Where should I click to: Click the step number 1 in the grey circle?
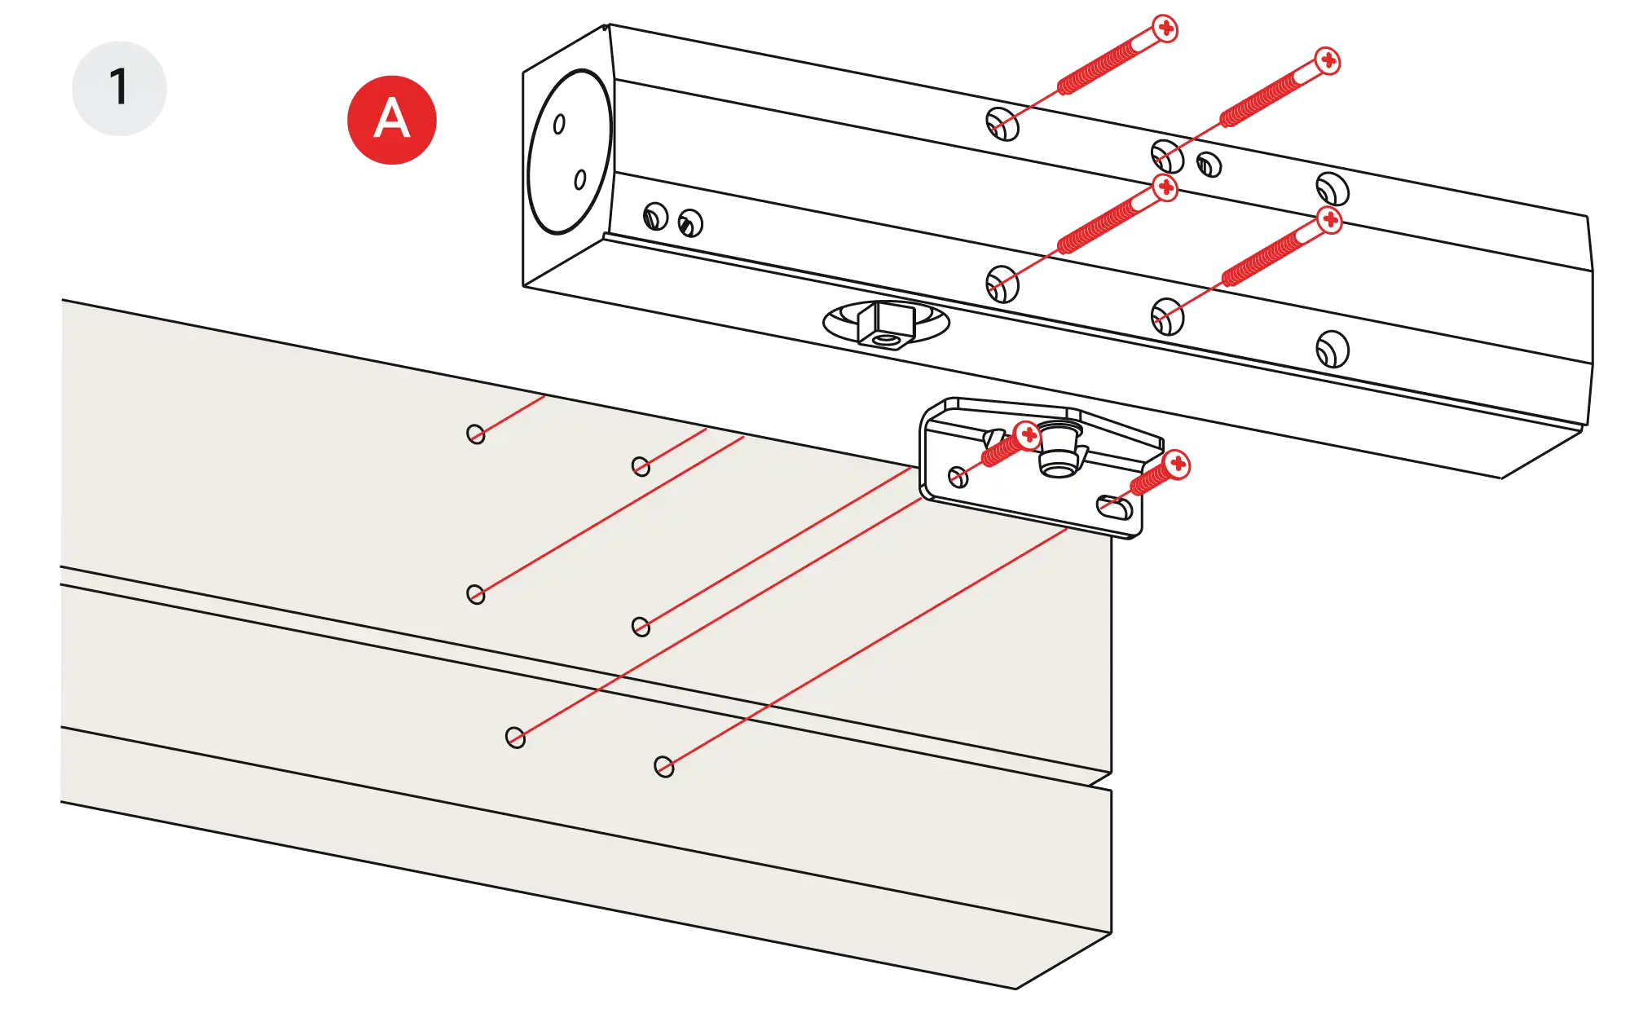coord(119,87)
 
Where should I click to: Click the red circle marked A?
coord(391,120)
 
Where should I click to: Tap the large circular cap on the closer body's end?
coord(568,152)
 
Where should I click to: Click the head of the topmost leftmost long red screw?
coord(1166,29)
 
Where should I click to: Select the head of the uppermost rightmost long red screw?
coord(1328,61)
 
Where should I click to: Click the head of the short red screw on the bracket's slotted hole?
coord(1177,465)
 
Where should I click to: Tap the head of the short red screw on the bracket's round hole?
coord(1029,434)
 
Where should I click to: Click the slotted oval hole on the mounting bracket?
coord(1114,506)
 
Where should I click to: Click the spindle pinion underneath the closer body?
coord(886,324)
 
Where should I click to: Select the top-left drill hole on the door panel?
coord(476,434)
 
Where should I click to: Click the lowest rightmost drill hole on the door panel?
coord(664,767)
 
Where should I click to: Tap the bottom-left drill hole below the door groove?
coord(515,738)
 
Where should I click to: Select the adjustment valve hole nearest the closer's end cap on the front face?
coord(656,217)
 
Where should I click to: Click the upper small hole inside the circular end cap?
coord(560,124)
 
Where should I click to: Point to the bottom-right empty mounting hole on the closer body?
coord(1332,350)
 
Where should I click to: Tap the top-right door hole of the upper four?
coord(641,466)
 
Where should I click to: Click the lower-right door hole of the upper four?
coord(641,627)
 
